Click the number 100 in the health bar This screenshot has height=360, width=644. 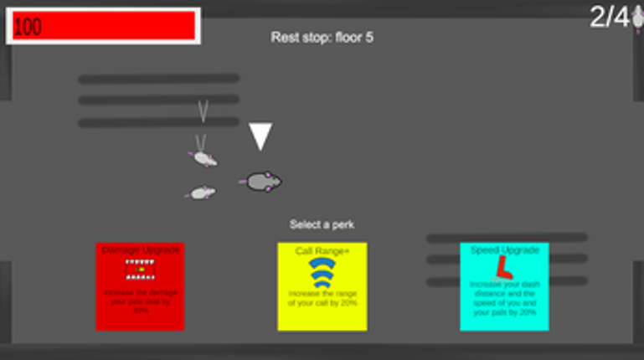tap(28, 27)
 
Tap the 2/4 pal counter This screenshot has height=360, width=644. tap(609, 17)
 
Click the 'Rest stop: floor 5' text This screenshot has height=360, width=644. tap(322, 38)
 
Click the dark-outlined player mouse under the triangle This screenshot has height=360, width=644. tap(265, 181)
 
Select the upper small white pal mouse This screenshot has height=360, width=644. tap(204, 157)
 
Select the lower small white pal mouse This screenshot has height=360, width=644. tap(201, 193)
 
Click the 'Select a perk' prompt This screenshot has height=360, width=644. tap(322, 224)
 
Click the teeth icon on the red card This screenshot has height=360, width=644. tap(140, 269)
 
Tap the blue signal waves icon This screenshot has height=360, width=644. tap(322, 272)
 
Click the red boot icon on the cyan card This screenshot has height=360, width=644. tap(503, 267)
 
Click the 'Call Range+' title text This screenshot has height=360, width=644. tap(322, 251)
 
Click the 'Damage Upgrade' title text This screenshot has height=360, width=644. tap(140, 249)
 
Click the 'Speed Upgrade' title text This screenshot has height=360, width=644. tap(504, 249)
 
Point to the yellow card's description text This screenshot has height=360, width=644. tap(322, 298)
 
